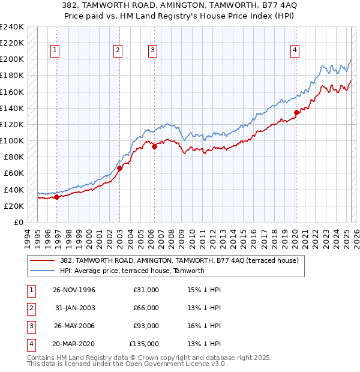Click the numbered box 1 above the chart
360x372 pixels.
pos(55,51)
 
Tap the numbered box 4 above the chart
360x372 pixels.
pos(295,51)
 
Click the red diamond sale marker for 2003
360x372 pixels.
pos(119,169)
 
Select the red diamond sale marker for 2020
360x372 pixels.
pos(296,112)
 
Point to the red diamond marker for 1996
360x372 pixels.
pos(57,197)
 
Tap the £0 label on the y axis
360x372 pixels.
pos(18,222)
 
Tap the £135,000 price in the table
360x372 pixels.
pos(144,344)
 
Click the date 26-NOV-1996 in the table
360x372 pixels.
pos(74,290)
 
